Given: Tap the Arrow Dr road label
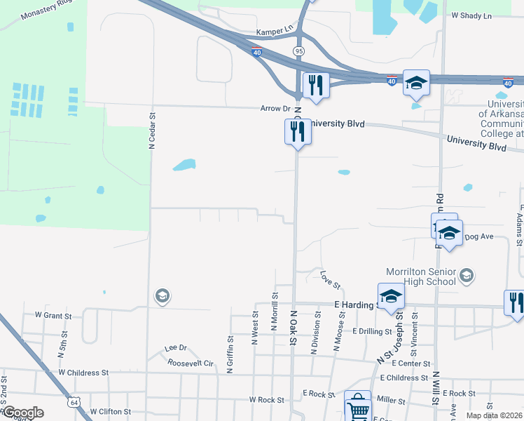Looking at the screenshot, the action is [x=275, y=109].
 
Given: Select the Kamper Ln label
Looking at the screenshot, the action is [x=274, y=32].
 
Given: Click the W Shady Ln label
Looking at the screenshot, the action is [x=471, y=15].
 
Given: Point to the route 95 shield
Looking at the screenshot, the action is [x=299, y=51].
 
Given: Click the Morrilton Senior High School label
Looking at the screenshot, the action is [x=421, y=276].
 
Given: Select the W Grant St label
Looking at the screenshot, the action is [x=48, y=316].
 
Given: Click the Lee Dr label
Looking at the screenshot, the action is [x=175, y=348].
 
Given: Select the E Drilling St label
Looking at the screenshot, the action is [x=372, y=331].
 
